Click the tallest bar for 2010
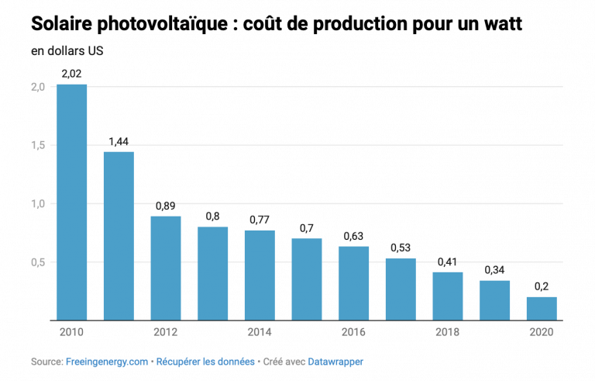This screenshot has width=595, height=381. (x=71, y=202)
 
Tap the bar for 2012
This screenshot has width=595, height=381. (x=166, y=268)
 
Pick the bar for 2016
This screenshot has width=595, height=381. (x=353, y=283)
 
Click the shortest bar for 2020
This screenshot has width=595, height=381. (x=542, y=309)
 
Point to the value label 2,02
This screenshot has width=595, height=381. (x=71, y=74)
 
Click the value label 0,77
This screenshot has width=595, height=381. (x=260, y=220)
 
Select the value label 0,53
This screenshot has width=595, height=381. (x=401, y=248)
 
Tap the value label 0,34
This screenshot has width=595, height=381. (x=494, y=270)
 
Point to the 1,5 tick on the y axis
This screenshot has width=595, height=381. (x=38, y=145)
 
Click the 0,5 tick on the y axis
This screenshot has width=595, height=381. (x=38, y=262)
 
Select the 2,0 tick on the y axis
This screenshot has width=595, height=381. (x=38, y=87)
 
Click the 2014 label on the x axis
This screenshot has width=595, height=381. (x=260, y=332)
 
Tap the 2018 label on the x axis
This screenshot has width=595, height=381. (x=447, y=332)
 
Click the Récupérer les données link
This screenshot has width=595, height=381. (x=206, y=362)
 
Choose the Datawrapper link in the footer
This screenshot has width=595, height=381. (x=335, y=362)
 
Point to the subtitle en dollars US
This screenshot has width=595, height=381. (x=67, y=52)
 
